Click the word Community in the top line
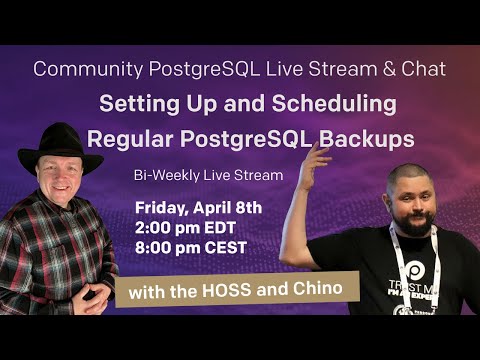tap(76, 70)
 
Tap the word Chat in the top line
tap(421, 70)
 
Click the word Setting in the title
tap(138, 103)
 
